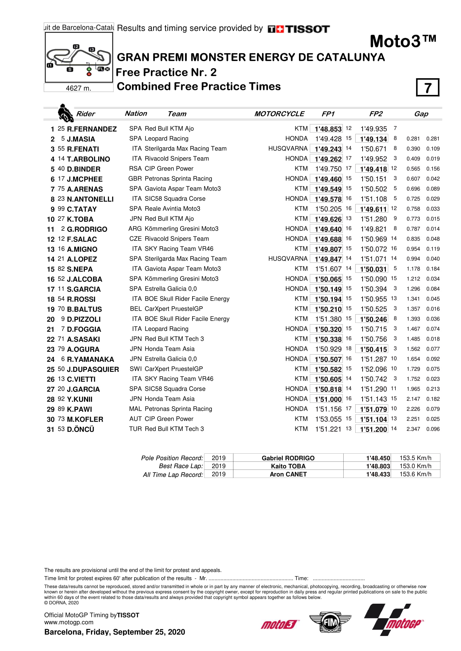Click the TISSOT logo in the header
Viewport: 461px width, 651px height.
298,29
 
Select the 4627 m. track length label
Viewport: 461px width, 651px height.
78,88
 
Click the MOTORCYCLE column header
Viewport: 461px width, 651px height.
279,114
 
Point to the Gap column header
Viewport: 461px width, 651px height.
421,114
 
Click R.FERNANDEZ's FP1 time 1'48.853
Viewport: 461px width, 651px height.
328,129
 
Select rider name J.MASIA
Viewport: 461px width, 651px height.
81,139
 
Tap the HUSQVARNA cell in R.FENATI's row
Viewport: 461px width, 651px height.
288,149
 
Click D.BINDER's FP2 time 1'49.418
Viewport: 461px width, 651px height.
373,169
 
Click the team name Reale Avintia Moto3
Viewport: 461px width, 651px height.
172,209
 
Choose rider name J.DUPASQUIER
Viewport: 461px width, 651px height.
93,369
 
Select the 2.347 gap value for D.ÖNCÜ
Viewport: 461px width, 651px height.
413,429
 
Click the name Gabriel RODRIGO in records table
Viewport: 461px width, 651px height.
288,458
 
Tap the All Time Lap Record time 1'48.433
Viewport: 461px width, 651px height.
378,474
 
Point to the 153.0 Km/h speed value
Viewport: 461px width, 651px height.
415,466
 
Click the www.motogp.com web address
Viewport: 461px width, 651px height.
69,622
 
